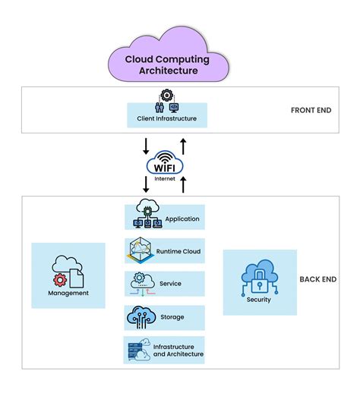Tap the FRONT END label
point(311,110)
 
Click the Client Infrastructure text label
point(166,119)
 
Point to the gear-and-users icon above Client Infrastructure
point(166,102)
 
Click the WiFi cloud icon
point(166,161)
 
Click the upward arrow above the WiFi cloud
point(183,143)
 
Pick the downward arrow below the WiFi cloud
point(147,184)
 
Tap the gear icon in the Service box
point(139,278)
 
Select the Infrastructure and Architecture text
point(178,350)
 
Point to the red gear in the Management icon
point(60,280)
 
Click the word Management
point(68,293)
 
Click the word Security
point(258,299)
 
